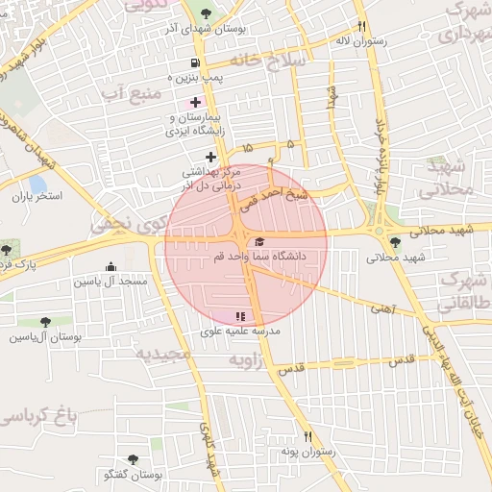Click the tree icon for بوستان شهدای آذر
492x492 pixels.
click(x=206, y=13)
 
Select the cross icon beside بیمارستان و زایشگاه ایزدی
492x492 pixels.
click(x=196, y=102)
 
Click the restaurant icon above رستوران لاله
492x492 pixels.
click(x=361, y=28)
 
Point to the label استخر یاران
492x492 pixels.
click(x=36, y=196)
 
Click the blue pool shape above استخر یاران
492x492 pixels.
click(x=37, y=183)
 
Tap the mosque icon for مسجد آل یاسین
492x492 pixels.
click(x=111, y=267)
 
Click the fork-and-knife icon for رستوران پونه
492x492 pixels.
click(x=307, y=436)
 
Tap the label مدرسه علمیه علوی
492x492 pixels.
click(x=239, y=331)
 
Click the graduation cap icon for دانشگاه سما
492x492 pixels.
click(x=260, y=241)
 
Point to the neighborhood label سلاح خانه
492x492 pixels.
click(x=273, y=60)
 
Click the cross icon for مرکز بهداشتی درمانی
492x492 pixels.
click(x=210, y=156)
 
